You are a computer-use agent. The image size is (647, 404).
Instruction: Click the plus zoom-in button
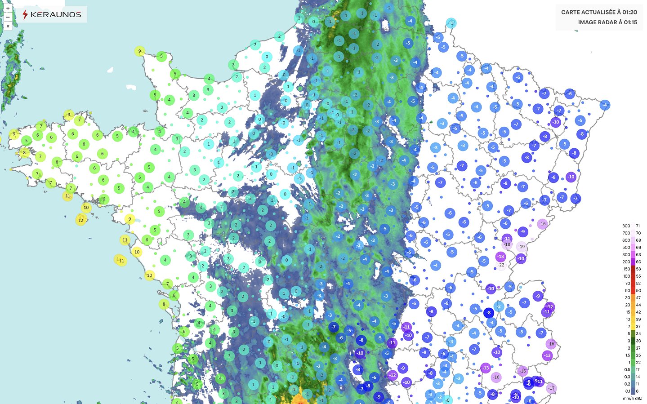coord(8,8)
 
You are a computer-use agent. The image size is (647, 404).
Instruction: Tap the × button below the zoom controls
coord(8,26)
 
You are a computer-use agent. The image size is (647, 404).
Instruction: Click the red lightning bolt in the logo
coord(25,14)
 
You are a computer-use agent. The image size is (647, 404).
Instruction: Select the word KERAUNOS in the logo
coord(56,14)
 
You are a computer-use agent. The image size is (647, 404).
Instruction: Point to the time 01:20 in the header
coord(629,12)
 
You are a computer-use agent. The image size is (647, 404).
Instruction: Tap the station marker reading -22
coord(501,265)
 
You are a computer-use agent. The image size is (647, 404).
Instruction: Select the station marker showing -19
coord(521,246)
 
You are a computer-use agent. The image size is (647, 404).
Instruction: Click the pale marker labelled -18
coord(507,244)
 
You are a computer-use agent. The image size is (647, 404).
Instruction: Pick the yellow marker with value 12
coord(81,220)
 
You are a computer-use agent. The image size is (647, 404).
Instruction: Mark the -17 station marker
coord(551,388)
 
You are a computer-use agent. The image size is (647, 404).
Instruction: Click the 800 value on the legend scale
coord(626,226)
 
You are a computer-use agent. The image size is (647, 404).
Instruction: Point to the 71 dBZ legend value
coord(638,226)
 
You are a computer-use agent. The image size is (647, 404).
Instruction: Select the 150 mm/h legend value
coord(626,269)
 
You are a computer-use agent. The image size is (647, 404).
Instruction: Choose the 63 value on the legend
coord(638,255)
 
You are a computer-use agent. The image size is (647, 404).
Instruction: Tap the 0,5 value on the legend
coord(627,370)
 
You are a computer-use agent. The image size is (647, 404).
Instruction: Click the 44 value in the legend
coord(638,305)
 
